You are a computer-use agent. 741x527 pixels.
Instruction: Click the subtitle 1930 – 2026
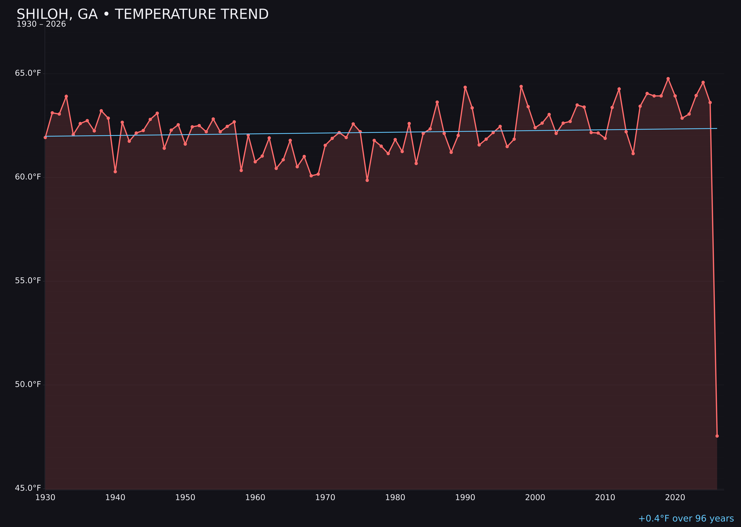point(41,24)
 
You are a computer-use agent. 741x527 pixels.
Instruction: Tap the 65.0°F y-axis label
point(28,73)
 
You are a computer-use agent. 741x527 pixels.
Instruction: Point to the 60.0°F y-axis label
point(28,177)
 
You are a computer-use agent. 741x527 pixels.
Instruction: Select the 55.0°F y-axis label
point(28,280)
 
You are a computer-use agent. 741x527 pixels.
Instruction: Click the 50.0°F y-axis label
point(28,384)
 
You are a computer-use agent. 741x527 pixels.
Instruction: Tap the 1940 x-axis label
point(115,498)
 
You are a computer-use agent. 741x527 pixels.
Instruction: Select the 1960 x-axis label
point(255,498)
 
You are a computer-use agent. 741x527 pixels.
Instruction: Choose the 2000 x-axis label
point(535,498)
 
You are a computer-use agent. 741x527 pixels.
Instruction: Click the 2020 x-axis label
point(675,498)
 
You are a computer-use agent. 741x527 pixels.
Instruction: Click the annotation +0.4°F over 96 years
point(686,518)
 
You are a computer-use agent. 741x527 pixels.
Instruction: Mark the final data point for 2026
point(717,436)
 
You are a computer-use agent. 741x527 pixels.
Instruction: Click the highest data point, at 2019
point(668,79)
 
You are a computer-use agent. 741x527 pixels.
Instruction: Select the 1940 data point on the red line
point(115,171)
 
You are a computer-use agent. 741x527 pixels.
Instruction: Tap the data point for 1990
point(465,87)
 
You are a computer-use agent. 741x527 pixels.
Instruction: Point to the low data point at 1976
point(367,180)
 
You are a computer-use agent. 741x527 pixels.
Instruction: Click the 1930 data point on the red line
point(45,137)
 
